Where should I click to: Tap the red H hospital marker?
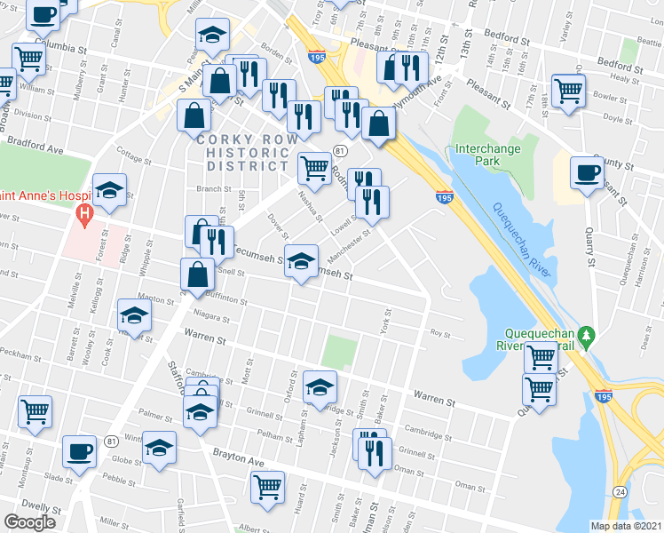[x=85, y=214]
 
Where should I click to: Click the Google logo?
[x=29, y=522]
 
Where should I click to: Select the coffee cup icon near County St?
[x=586, y=172]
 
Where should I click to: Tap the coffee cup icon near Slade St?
[x=79, y=450]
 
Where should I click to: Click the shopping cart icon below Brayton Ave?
[x=269, y=485]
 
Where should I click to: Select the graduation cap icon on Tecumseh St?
[x=302, y=262]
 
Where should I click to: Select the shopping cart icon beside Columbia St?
[x=29, y=59]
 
